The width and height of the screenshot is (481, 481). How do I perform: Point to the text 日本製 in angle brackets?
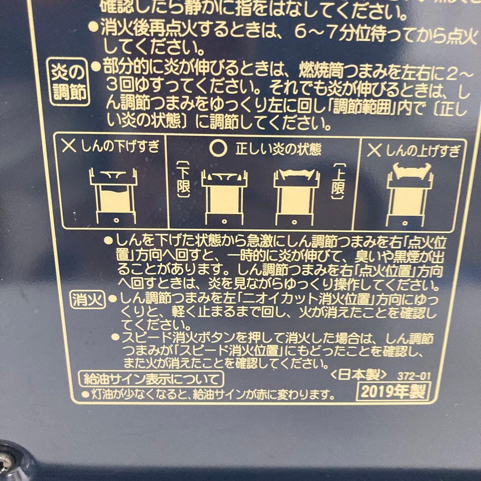(359, 375)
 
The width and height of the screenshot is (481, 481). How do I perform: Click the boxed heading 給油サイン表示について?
(151, 379)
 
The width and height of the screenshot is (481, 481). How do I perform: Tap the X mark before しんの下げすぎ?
(69, 147)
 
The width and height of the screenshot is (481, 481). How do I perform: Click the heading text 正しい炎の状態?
(278, 150)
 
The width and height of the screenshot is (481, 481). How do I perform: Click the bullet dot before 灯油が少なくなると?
(85, 394)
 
